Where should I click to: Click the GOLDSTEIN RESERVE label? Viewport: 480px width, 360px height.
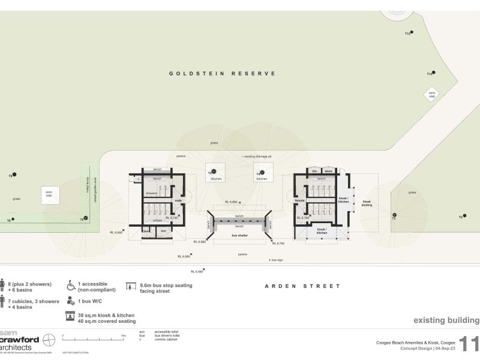coord(222,74)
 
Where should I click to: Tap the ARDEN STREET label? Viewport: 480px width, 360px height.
coord(302,286)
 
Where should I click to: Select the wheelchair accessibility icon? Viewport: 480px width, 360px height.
coord(71,286)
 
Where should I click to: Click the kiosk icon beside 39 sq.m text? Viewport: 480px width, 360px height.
coord(71,317)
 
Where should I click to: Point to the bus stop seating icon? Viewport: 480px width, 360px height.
coord(130,286)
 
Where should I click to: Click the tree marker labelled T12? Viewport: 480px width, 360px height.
coord(411,33)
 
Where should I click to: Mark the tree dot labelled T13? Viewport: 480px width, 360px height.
coord(433,73)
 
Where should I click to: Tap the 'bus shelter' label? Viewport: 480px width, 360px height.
coord(239,236)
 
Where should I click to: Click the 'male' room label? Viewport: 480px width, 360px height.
coord(178,200)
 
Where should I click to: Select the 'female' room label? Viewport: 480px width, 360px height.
coord(300,200)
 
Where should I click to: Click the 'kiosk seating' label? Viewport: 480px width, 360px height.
coord(367,203)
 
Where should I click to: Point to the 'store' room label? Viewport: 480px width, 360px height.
coord(328,171)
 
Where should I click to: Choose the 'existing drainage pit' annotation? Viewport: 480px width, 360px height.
coord(257,156)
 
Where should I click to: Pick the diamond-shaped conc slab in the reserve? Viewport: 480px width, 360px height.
coord(431,94)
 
